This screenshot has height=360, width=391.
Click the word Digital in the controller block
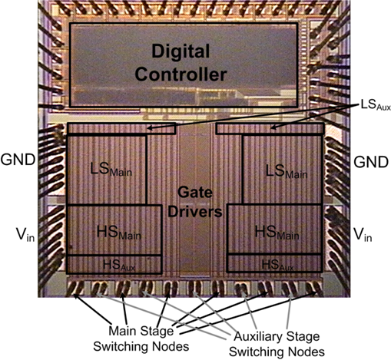pos(181,52)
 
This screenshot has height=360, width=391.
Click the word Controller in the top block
pos(181,74)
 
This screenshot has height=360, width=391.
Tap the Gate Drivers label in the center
pos(195,202)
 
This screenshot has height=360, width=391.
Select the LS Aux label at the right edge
pos(376,105)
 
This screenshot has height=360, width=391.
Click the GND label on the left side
pos(18,160)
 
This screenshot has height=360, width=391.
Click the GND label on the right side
pos(371,162)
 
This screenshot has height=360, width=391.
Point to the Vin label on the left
pos(25,235)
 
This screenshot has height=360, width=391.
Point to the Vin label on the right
pos(363,235)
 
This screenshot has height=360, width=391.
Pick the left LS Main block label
pos(111,170)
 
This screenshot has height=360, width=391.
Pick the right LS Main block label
pos(287,171)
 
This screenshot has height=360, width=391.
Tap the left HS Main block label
pos(119,233)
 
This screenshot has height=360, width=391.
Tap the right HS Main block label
pos(277,233)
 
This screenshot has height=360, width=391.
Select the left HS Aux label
pos(119,266)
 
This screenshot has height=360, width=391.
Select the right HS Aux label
pos(277,265)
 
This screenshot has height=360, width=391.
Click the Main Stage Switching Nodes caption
pos(141,339)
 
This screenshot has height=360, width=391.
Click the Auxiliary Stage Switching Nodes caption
pos(277,344)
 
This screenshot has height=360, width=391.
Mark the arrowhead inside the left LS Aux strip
pos(149,128)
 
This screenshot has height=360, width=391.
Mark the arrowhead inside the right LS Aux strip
pos(273,127)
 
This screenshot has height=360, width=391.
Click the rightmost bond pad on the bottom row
pos(314,289)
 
